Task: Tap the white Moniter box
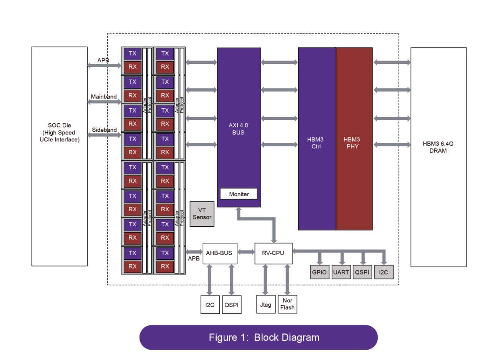point(239,194)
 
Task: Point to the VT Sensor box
point(202,214)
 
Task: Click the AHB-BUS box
point(220,253)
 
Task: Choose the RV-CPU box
point(274,253)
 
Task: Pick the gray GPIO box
point(319,272)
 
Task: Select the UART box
point(341,272)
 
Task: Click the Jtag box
point(266,305)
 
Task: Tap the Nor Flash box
point(287,304)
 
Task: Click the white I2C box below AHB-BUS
point(210,305)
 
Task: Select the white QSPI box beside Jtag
point(232,305)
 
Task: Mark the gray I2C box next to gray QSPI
point(383,272)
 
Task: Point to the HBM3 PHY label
point(352,143)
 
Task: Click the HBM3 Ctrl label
point(316,143)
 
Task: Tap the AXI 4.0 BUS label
point(239,129)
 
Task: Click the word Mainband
point(103,97)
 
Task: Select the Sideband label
point(104,130)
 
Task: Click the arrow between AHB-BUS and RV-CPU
point(246,252)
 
